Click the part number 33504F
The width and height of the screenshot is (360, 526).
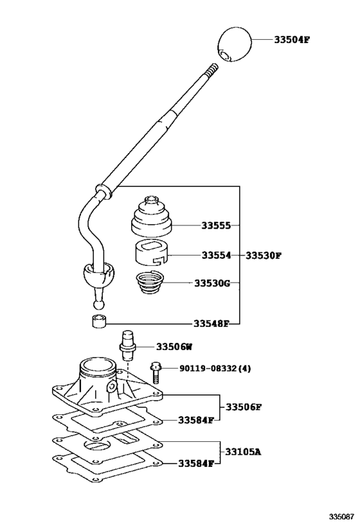pyautogui.click(x=292, y=39)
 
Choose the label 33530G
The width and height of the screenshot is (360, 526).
pyautogui.click(x=212, y=283)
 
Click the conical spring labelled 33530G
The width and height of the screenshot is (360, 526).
pyautogui.click(x=152, y=283)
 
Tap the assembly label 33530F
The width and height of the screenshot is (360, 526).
pyautogui.click(x=264, y=255)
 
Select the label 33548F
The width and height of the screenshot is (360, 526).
pyautogui.click(x=212, y=324)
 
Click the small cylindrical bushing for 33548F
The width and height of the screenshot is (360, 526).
pyautogui.click(x=98, y=321)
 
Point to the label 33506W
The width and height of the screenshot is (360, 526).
pyautogui.click(x=175, y=347)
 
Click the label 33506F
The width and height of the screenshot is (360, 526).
pyautogui.click(x=244, y=407)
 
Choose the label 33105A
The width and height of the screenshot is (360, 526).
pyautogui.click(x=244, y=452)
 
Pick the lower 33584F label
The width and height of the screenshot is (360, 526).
pyautogui.click(x=195, y=464)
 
